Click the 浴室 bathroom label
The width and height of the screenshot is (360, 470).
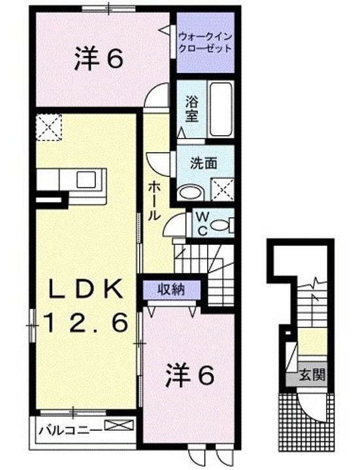191,110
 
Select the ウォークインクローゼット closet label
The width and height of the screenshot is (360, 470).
205,42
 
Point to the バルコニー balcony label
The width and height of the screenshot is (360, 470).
69,430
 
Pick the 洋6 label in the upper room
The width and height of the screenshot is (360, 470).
98,60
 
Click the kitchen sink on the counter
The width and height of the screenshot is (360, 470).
86,178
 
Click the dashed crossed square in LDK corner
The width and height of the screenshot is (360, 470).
48,127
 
